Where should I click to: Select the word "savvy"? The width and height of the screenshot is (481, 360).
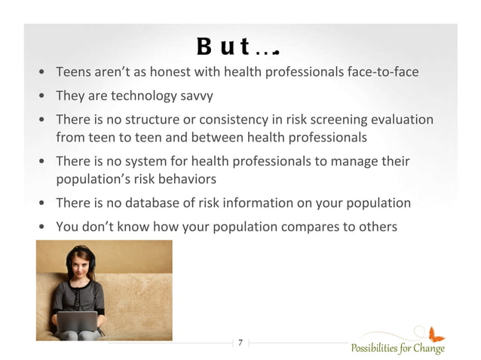click(198, 96)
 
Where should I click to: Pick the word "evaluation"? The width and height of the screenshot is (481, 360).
click(403, 120)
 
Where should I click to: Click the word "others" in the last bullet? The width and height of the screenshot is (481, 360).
click(378, 227)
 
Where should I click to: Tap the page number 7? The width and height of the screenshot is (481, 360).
click(240, 343)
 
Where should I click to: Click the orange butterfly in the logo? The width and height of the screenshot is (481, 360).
click(436, 334)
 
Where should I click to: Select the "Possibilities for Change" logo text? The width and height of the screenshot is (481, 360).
click(397, 348)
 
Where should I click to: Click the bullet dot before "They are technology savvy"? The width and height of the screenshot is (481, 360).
click(43, 97)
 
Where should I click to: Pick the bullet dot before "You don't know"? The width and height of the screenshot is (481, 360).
click(43, 227)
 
